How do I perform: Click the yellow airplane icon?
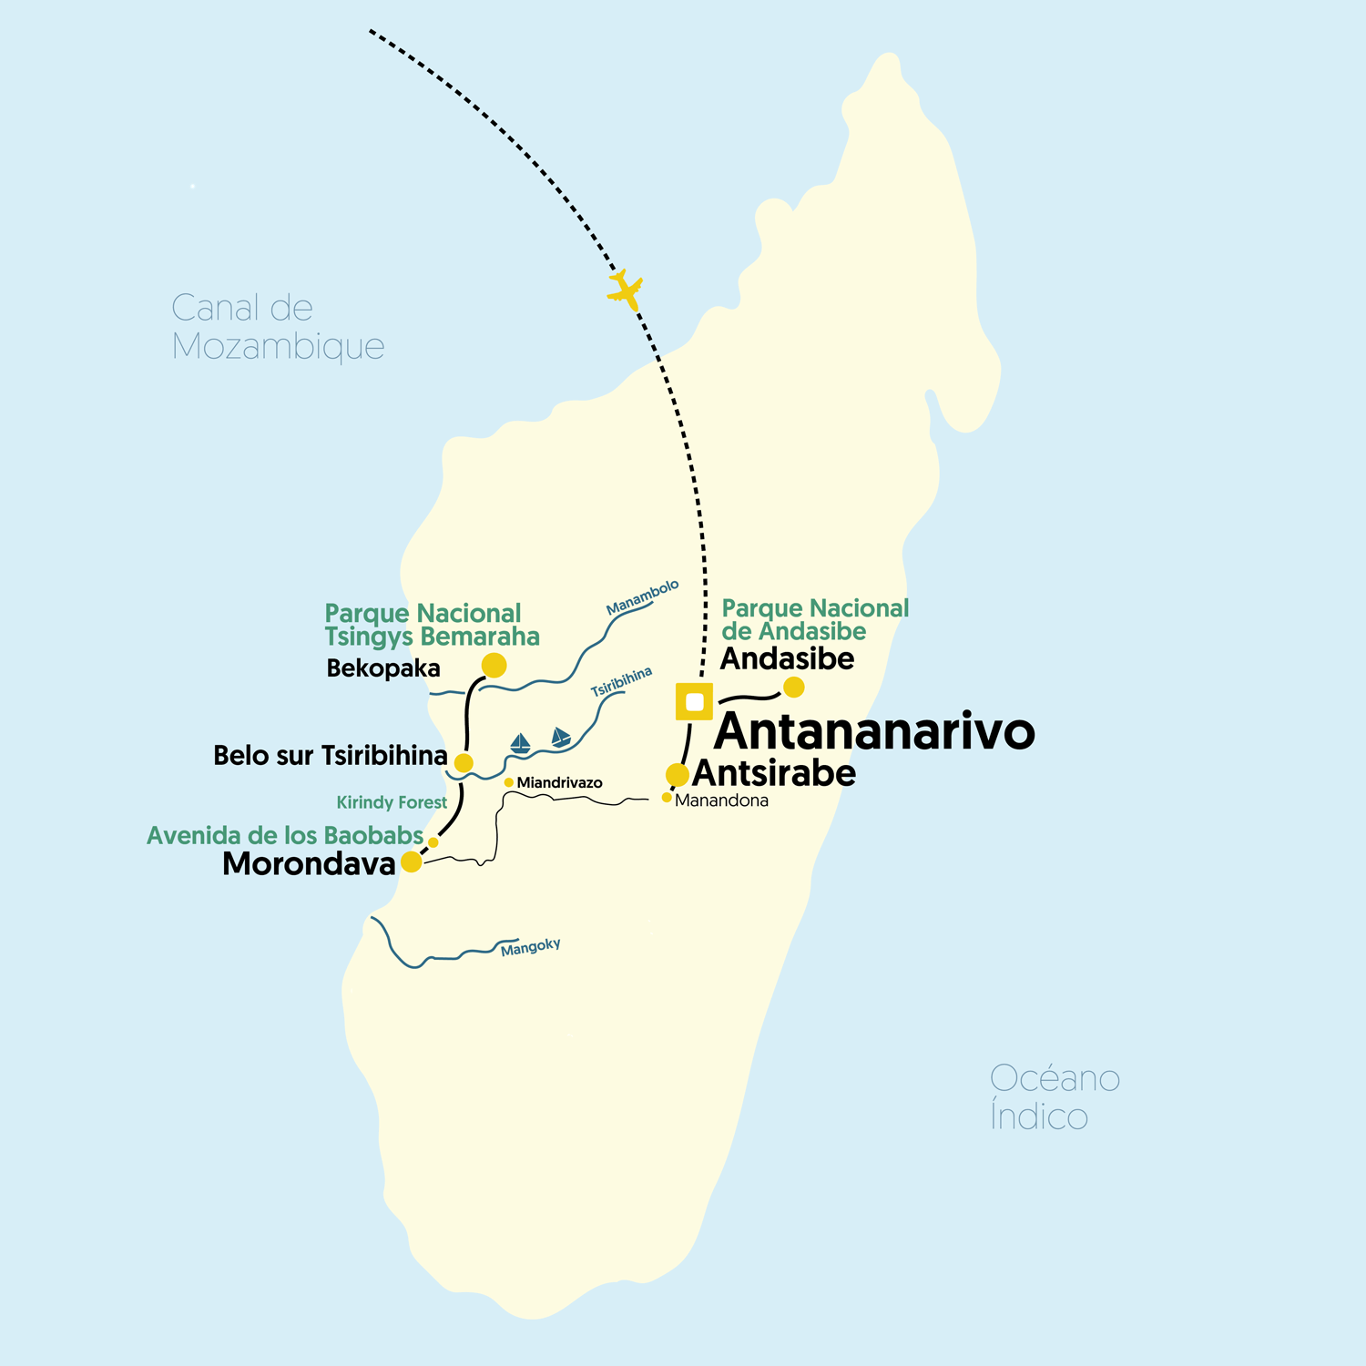626,290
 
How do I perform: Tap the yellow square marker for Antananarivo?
694,701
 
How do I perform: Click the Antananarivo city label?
874,731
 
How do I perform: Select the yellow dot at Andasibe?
794,687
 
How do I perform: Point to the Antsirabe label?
774,773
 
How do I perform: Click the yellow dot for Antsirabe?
677,775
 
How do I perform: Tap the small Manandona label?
721,800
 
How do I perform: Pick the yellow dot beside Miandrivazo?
508,782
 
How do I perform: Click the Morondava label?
309,863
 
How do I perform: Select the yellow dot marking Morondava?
412,861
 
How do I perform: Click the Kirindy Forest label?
392,802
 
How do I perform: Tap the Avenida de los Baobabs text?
285,835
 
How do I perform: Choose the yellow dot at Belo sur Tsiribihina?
464,762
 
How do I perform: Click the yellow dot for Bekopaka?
494,665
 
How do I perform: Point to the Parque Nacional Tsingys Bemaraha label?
432,625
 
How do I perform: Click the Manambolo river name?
642,596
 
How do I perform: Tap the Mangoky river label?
530,947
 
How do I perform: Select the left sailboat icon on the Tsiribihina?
520,743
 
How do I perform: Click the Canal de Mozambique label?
278,327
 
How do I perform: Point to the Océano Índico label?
1054,1097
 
